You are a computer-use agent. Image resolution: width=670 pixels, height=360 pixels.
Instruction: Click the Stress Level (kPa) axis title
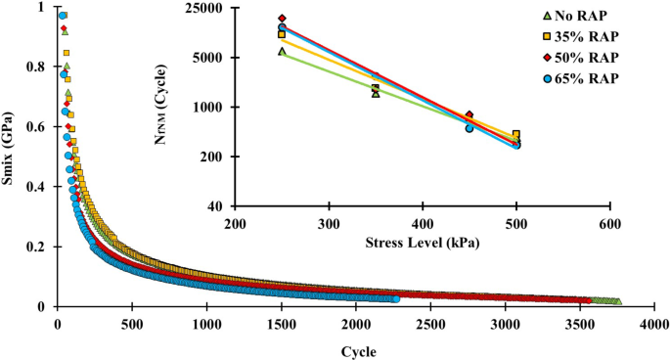tap(422, 241)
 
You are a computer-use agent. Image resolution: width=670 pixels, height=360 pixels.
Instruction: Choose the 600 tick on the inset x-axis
tap(609, 223)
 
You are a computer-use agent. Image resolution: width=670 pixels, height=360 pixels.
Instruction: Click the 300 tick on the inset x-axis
tap(329, 223)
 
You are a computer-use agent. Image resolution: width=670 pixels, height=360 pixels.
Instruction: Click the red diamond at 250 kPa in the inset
tap(282, 19)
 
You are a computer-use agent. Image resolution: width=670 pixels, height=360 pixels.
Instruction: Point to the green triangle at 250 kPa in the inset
tap(282, 51)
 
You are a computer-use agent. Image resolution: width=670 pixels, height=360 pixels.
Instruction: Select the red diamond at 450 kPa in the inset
tap(469, 115)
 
